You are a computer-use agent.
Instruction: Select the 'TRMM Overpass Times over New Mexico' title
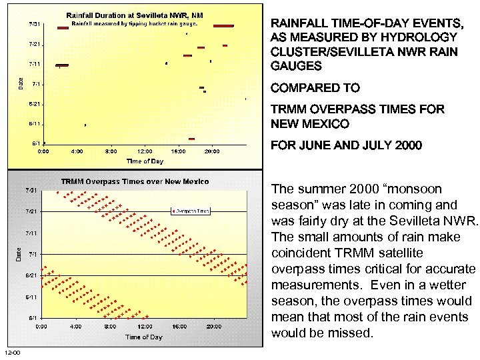point(135,181)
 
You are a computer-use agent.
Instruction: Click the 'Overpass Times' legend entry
point(193,211)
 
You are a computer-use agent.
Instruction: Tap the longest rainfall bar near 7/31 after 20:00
point(224,26)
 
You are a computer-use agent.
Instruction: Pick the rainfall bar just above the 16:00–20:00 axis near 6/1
point(191,139)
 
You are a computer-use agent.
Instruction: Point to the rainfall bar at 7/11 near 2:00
point(61,65)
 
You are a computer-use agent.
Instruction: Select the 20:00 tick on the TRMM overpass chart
point(213,327)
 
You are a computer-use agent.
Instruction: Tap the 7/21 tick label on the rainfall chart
point(34,44)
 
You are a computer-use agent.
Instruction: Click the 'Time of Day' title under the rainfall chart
point(145,161)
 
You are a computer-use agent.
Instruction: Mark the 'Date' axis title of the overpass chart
point(19,254)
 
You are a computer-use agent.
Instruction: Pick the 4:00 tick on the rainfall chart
point(77,152)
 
